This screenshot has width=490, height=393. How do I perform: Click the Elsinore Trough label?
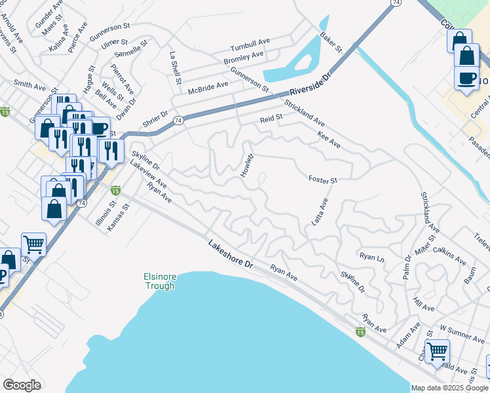[159, 281]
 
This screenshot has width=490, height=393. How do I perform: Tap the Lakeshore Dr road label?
[231, 255]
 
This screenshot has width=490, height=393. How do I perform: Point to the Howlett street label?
[247, 166]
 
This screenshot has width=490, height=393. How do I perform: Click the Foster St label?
[322, 179]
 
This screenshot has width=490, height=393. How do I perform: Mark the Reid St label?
[271, 119]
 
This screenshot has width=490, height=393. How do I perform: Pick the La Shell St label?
[174, 68]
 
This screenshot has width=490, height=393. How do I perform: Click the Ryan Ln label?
[371, 257]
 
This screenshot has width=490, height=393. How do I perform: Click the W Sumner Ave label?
[462, 336]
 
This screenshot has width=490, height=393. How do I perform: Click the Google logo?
[22, 385]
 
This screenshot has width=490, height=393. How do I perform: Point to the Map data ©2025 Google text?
[449, 388]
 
